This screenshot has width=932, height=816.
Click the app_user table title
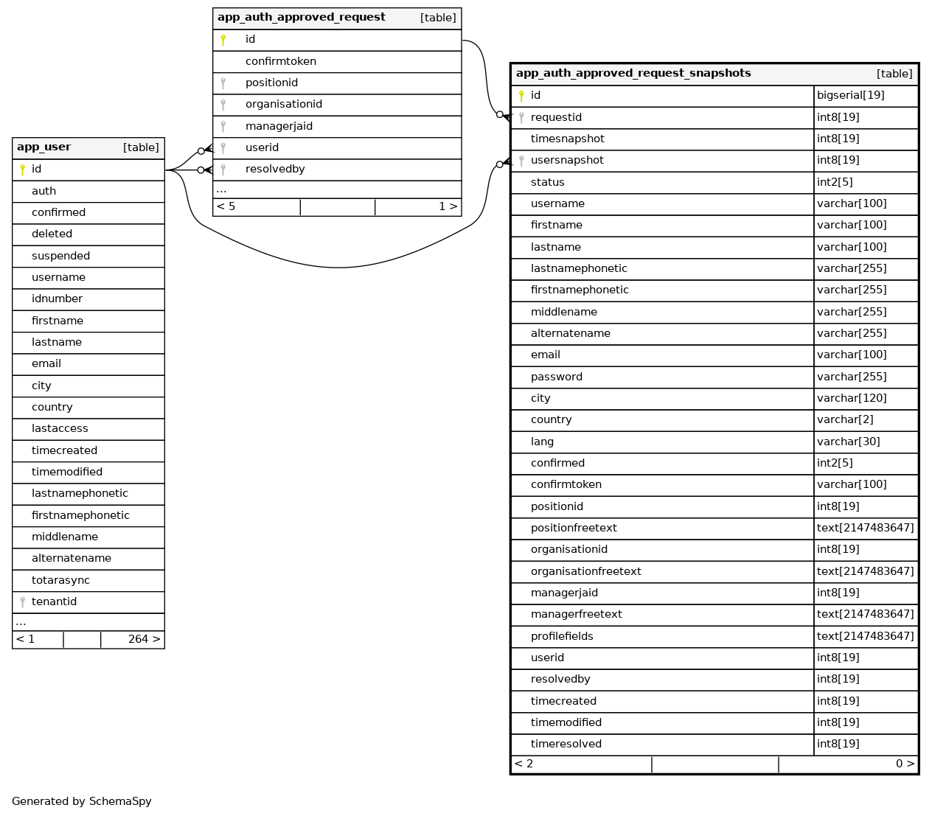[44, 147]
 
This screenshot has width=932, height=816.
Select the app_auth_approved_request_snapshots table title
[633, 74]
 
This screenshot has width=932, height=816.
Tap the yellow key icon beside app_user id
[22, 170]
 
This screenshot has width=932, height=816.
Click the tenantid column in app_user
[54, 602]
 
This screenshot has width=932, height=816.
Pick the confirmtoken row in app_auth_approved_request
[281, 62]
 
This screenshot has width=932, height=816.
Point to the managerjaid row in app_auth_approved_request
[279, 127]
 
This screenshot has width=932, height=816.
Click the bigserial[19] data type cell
[850, 96]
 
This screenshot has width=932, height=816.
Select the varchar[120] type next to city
[852, 399]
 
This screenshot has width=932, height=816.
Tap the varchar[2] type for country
[845, 420]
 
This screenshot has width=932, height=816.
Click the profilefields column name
[562, 637]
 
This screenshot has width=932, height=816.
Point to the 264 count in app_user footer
[138, 640]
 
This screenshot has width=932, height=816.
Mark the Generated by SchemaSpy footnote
[82, 802]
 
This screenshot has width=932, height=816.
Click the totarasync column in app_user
[60, 581]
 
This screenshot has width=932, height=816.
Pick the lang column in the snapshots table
[542, 442]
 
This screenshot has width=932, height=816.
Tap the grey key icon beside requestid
[521, 118]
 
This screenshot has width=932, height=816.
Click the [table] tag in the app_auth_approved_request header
[438, 18]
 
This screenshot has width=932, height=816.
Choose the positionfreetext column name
[574, 529]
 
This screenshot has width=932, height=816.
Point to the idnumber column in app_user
[57, 299]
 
